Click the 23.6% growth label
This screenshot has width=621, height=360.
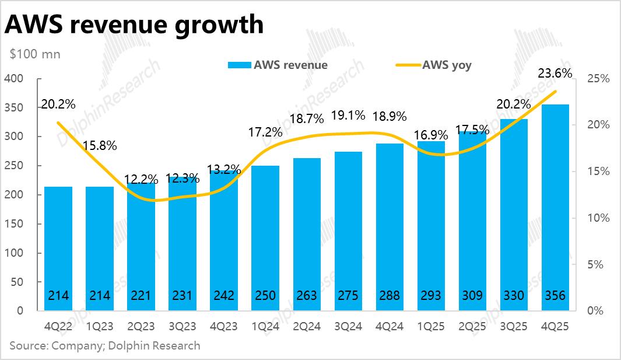554,74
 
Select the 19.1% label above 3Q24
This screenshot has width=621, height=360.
348,115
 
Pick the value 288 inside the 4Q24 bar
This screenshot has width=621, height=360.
389,296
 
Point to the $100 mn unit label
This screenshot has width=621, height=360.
35,54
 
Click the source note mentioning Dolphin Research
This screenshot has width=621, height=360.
105,345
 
